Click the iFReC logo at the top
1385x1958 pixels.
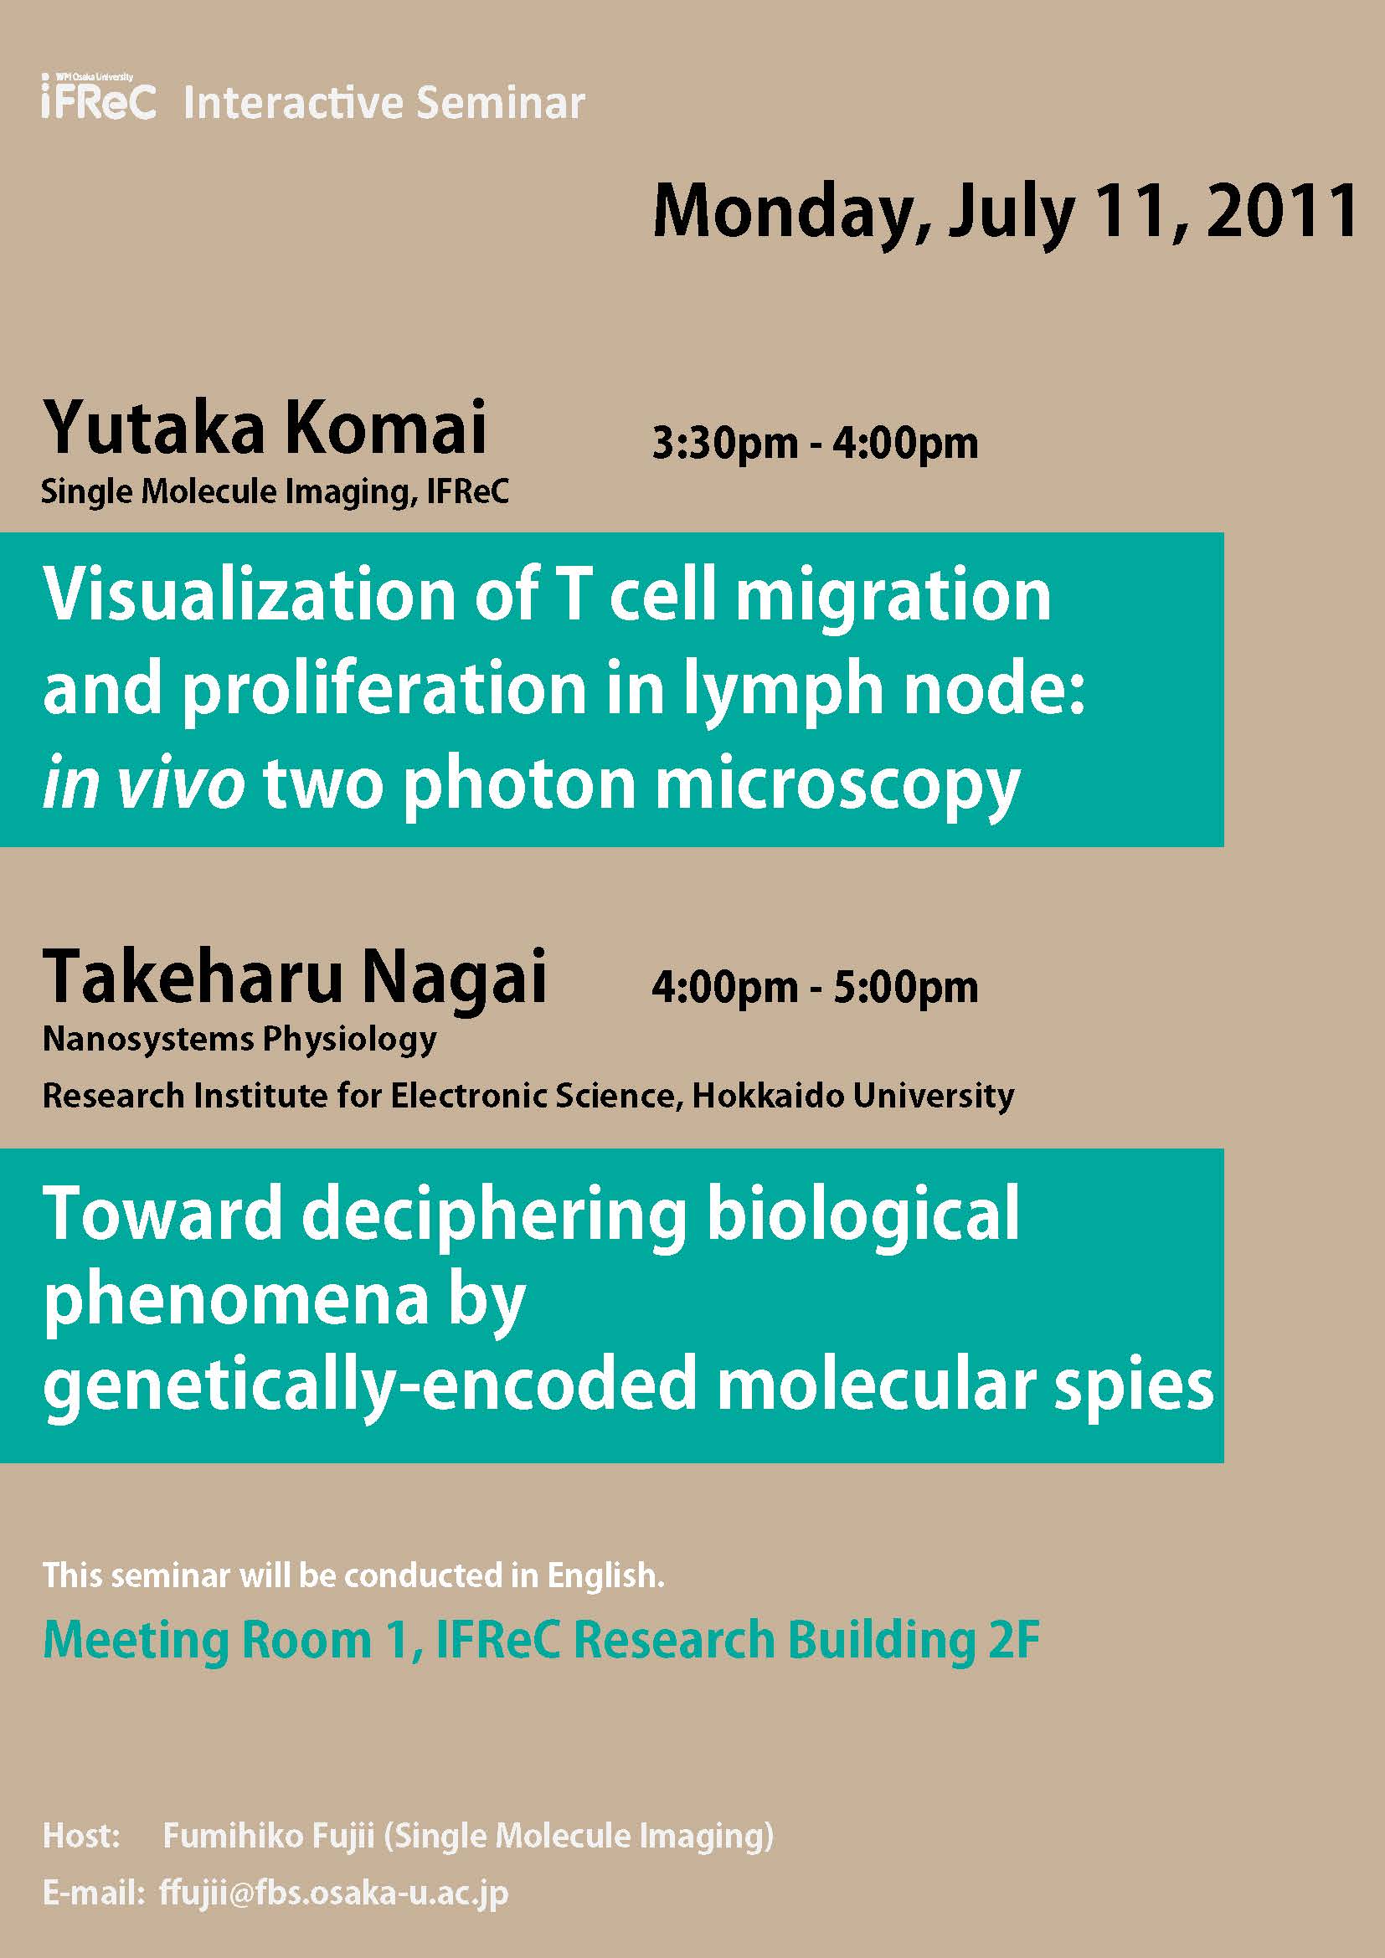coord(98,96)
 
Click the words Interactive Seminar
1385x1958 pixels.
coord(384,103)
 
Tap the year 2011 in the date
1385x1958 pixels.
coord(1282,212)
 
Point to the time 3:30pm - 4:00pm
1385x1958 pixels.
coord(815,444)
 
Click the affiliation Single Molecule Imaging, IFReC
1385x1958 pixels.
coord(275,492)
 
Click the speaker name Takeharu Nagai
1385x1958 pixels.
coord(294,976)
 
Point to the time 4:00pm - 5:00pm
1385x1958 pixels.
coord(815,988)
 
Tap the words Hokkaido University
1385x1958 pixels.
coord(852,1096)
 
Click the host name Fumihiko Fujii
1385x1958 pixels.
coord(269,1835)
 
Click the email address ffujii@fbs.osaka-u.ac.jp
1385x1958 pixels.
coord(333,1893)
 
